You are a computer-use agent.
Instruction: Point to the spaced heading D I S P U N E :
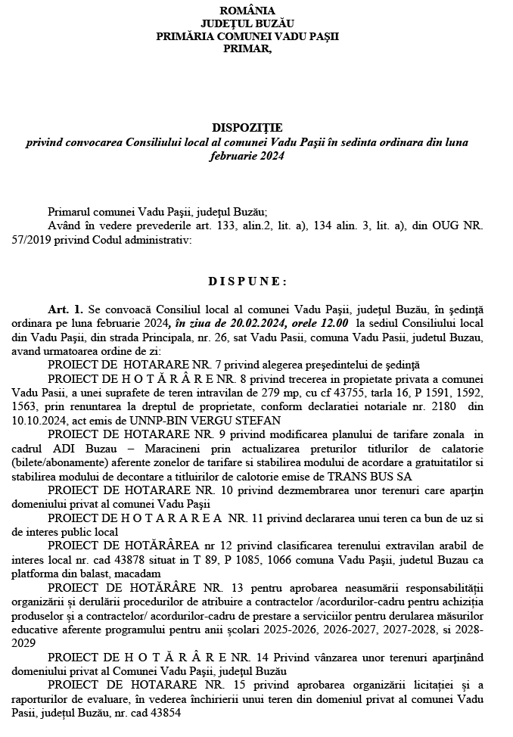point(247,281)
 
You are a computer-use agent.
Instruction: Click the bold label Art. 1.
point(65,310)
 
